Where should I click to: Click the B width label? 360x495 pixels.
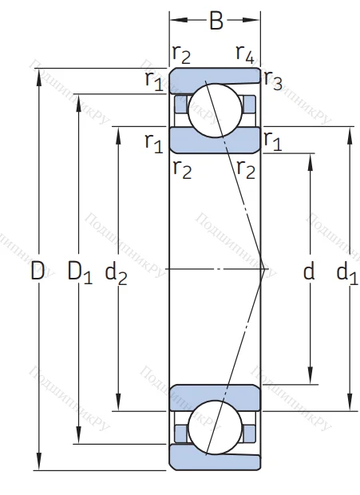[x=216, y=22]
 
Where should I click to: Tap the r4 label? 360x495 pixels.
[x=245, y=54]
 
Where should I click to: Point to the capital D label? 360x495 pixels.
[x=38, y=271]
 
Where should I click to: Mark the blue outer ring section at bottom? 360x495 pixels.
[x=214, y=461]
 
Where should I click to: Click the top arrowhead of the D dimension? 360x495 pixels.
[x=38, y=73]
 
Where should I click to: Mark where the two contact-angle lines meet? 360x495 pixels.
[x=265, y=269]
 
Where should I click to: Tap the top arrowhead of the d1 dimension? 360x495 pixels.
[x=348, y=131]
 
